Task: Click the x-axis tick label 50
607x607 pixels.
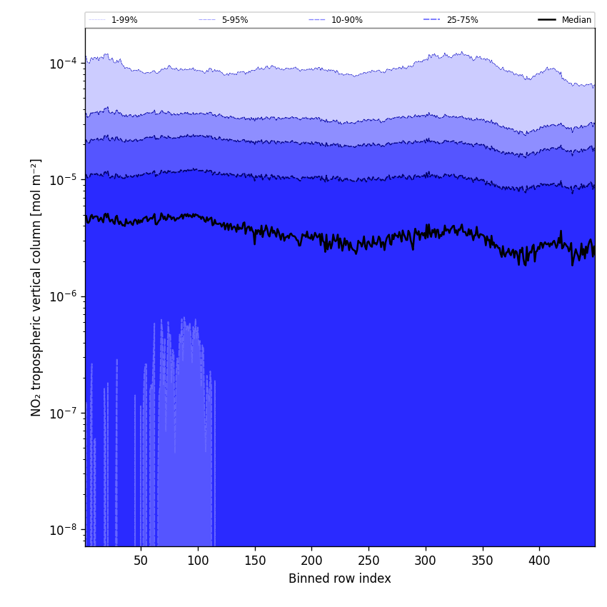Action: [x=141, y=561]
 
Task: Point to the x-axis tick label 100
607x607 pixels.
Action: [x=198, y=561]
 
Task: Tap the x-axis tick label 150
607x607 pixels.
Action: [x=255, y=561]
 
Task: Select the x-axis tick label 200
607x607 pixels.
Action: [x=311, y=561]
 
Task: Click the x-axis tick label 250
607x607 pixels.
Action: [x=368, y=561]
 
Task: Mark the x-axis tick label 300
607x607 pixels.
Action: [x=426, y=561]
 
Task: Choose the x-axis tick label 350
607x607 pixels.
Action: [x=483, y=561]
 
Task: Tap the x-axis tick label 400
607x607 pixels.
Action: [x=539, y=561]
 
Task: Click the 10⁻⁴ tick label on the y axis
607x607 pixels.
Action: [x=64, y=63]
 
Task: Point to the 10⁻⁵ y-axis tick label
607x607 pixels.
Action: [x=64, y=179]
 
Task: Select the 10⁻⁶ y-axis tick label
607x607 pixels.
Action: [x=64, y=296]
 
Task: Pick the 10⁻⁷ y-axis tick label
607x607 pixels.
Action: [x=64, y=413]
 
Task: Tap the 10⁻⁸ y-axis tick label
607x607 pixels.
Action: [x=64, y=530]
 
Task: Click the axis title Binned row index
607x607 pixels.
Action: [x=340, y=579]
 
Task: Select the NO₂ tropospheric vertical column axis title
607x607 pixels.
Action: [x=36, y=287]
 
